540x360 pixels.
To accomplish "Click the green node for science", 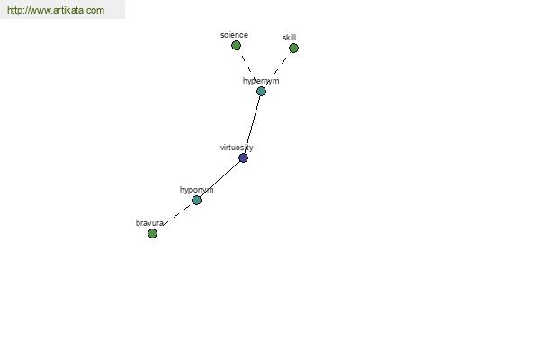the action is click(236, 46).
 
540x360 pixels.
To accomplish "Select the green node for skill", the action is click(293, 49).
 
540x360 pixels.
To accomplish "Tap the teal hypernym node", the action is click(261, 91).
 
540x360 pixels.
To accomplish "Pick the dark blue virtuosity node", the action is click(243, 157).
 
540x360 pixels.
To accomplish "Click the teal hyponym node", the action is click(196, 200).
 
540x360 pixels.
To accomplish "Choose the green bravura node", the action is click(152, 233).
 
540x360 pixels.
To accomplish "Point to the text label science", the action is click(234, 35).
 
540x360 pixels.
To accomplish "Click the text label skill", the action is click(289, 38).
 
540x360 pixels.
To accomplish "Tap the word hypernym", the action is click(261, 81).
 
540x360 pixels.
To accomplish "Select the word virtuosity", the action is click(237, 148).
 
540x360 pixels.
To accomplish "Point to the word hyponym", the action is click(196, 190).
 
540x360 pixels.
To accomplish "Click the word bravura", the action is click(149, 223).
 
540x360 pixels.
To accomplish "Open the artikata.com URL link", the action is click(56, 10).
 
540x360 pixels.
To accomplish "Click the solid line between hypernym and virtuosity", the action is click(252, 124).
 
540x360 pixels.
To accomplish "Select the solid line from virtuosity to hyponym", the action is click(220, 179).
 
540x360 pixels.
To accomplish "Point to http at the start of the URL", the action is click(14, 10).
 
